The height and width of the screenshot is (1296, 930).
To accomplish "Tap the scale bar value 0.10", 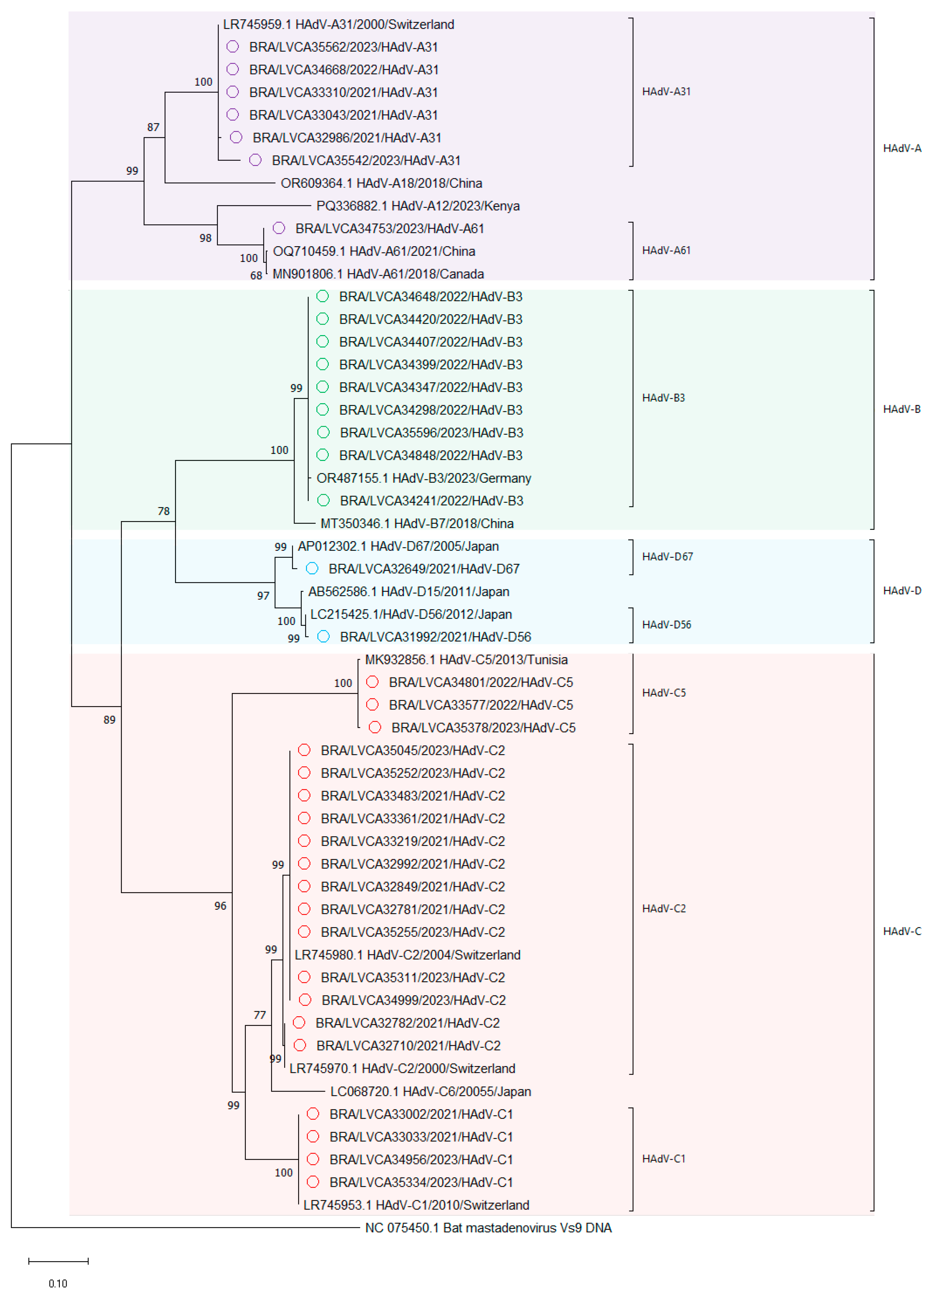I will pyautogui.click(x=58, y=1284).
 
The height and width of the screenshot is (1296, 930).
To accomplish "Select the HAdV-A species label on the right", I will pyautogui.click(x=901, y=149).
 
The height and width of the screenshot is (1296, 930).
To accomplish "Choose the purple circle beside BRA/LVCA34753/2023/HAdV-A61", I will pyautogui.click(x=279, y=229).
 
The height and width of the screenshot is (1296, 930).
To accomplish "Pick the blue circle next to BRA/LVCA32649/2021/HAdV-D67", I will pyautogui.click(x=312, y=568).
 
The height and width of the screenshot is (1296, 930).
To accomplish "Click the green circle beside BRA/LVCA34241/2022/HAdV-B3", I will pyautogui.click(x=323, y=501).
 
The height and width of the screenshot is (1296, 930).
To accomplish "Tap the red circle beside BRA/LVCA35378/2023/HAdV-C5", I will pyautogui.click(x=375, y=728).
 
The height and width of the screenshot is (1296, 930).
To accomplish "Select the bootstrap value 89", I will pyautogui.click(x=109, y=720).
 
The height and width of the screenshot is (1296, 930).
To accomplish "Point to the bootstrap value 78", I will pyautogui.click(x=164, y=511).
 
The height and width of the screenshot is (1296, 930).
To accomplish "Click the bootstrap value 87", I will pyautogui.click(x=153, y=127).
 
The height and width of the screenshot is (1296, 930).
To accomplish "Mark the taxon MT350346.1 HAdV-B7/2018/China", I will pyautogui.click(x=417, y=524).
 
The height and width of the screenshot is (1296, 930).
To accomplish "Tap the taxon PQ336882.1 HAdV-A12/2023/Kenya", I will pyautogui.click(x=418, y=206).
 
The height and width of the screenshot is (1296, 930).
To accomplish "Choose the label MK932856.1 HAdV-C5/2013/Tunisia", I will pyautogui.click(x=466, y=659).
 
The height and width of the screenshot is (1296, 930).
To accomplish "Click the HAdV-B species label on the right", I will pyautogui.click(x=901, y=409).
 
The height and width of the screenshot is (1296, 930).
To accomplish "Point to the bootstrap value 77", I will pyautogui.click(x=260, y=1015).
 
